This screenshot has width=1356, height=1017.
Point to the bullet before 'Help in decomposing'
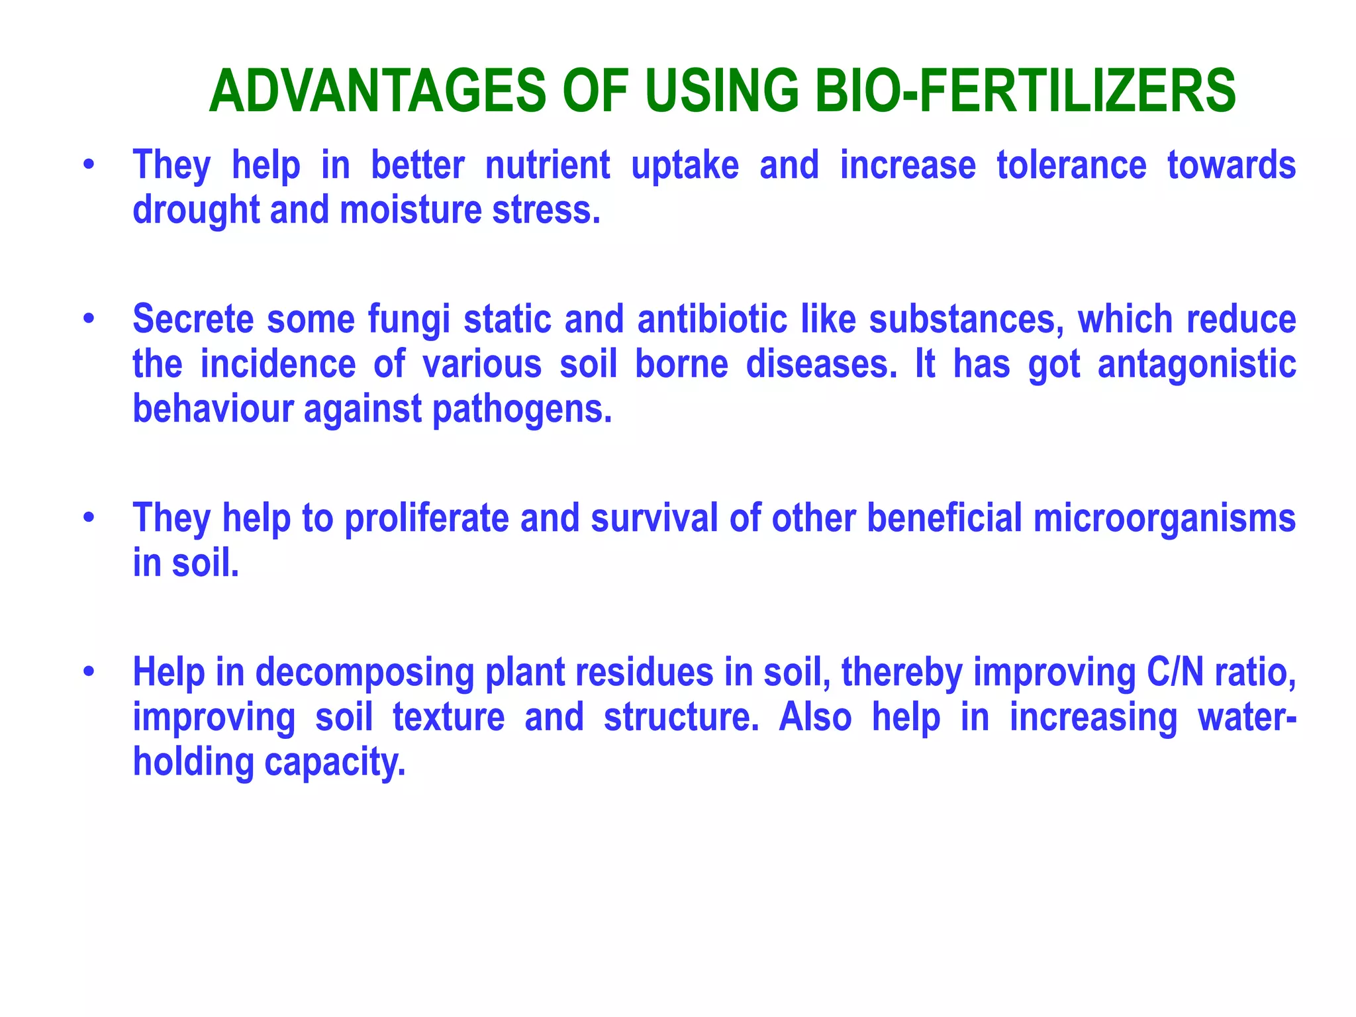coord(89,672)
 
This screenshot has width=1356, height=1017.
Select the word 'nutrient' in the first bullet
coord(548,166)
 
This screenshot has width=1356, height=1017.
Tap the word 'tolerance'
coord(1071,166)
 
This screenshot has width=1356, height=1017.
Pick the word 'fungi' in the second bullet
coord(409,319)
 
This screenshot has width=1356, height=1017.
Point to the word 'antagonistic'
coord(1196,364)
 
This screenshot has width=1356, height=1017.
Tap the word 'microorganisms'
coord(1164,518)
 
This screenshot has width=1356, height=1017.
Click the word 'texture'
coord(448,717)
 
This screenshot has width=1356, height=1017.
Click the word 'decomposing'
coord(364,672)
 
